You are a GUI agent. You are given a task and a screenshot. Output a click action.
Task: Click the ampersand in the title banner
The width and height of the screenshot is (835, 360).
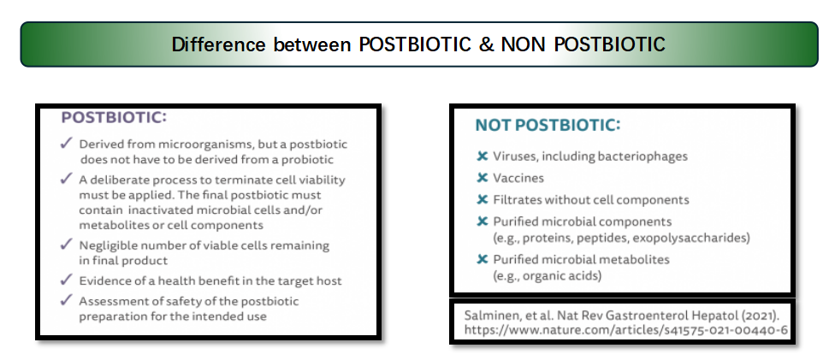click(x=486, y=44)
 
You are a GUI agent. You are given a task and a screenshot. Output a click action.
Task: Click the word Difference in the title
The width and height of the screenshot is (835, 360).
click(x=218, y=44)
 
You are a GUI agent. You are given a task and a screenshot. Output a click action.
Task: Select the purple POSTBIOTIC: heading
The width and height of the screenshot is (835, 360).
click(x=114, y=118)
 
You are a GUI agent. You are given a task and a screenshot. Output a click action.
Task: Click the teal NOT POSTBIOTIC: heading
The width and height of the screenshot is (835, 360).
click(x=548, y=125)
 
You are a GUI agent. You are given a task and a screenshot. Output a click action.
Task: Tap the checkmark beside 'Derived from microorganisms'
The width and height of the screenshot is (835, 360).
click(x=67, y=143)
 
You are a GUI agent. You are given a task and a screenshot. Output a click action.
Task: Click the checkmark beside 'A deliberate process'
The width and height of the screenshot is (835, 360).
click(x=67, y=179)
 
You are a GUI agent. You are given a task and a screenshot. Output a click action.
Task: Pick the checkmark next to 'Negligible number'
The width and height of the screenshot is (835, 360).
click(x=67, y=245)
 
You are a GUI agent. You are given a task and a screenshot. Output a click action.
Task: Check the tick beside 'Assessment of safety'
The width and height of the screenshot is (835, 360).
click(x=67, y=300)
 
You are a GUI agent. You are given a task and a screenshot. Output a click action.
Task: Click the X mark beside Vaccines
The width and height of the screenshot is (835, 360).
click(x=482, y=178)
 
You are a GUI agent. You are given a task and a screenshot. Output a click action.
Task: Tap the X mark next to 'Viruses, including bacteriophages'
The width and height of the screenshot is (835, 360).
click(x=482, y=156)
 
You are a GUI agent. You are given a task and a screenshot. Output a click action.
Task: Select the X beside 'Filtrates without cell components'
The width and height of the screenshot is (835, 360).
click(x=482, y=200)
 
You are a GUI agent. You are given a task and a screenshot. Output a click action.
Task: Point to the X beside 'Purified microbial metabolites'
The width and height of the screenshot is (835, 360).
click(x=482, y=259)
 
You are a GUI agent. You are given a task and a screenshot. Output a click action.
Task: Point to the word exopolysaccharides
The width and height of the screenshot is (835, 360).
click(x=690, y=238)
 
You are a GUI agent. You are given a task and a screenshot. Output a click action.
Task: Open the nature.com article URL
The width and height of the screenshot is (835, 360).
click(x=625, y=330)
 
